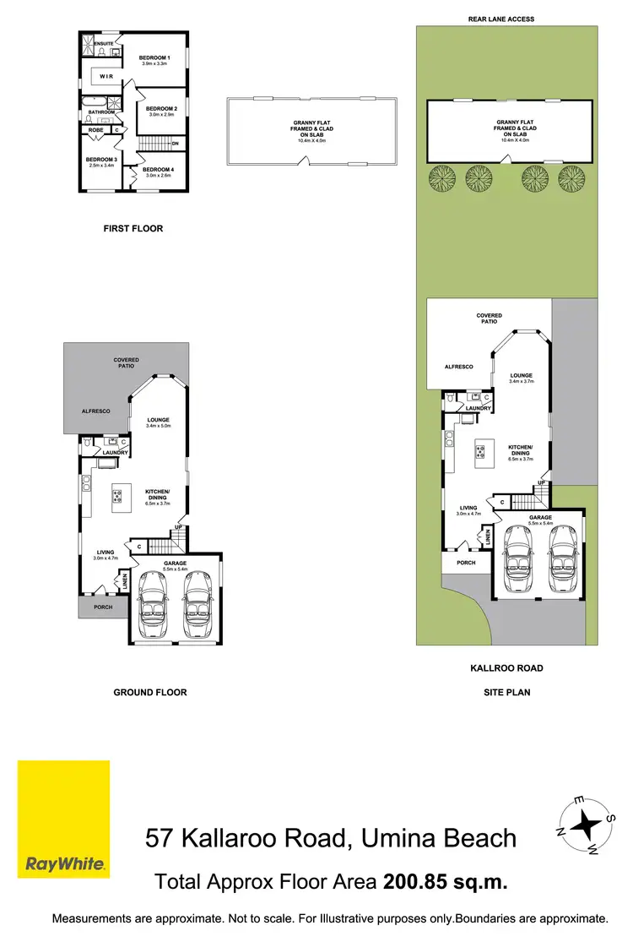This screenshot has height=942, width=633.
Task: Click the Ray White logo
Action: (x=64, y=820)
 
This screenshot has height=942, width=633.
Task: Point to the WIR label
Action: (x=106, y=76)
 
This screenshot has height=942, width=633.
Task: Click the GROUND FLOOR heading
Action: (x=149, y=692)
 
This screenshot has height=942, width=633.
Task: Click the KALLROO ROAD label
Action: (x=506, y=667)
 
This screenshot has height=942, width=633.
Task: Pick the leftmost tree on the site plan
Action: (x=441, y=178)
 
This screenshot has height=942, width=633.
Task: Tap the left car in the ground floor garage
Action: (x=153, y=604)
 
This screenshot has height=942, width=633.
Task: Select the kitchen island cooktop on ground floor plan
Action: (x=116, y=496)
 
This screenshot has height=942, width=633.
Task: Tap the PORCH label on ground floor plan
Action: (x=103, y=607)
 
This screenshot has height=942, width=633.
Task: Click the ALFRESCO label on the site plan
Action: (x=460, y=367)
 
